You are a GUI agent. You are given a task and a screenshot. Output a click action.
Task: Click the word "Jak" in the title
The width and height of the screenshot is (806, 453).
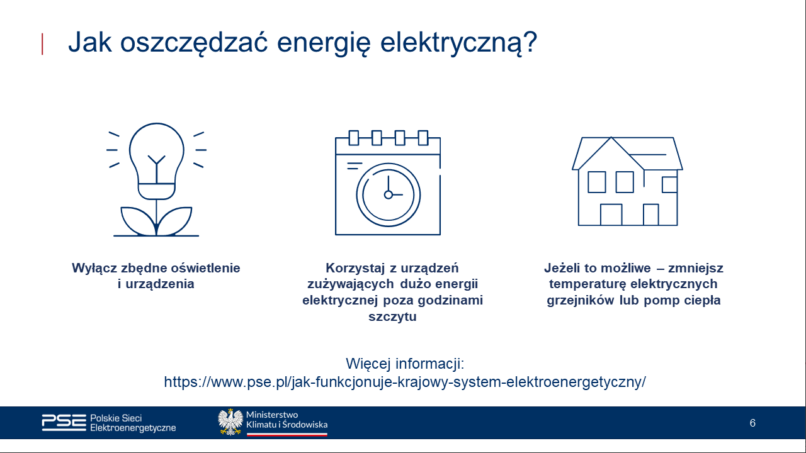pyautogui.click(x=90, y=42)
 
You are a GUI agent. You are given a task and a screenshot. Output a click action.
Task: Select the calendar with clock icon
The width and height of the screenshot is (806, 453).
pyautogui.click(x=388, y=182)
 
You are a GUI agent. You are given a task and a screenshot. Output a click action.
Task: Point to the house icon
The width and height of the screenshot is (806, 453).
pyautogui.click(x=627, y=181)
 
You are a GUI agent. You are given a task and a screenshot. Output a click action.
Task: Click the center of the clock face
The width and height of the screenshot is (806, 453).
pyautogui.click(x=389, y=195)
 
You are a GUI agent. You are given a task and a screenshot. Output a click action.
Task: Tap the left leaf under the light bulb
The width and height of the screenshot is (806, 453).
pyautogui.click(x=138, y=220)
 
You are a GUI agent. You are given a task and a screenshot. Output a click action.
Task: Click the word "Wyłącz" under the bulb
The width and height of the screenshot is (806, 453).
pyautogui.click(x=94, y=268)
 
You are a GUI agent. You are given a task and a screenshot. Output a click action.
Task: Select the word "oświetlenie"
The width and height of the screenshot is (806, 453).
pyautogui.click(x=205, y=268)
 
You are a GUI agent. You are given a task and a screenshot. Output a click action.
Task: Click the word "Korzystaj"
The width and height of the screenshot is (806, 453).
pyautogui.click(x=355, y=268)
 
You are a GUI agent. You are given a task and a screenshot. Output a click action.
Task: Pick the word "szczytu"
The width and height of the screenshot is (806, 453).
pyautogui.click(x=392, y=316)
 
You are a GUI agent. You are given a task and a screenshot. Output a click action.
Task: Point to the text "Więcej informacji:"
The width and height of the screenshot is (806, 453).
pyautogui.click(x=405, y=364)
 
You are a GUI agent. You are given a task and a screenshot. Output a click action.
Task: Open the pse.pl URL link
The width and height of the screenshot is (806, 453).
pyautogui.click(x=405, y=382)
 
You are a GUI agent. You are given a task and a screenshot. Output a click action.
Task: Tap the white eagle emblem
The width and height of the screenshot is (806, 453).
pyautogui.click(x=230, y=422)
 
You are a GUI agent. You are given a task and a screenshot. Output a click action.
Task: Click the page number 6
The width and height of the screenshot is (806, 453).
pyautogui.click(x=752, y=423)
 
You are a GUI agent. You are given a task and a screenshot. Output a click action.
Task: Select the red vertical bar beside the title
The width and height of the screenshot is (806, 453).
pyautogui.click(x=42, y=44)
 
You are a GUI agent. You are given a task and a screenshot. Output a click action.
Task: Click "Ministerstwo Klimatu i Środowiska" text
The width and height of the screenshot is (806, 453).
pyautogui.click(x=287, y=420)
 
